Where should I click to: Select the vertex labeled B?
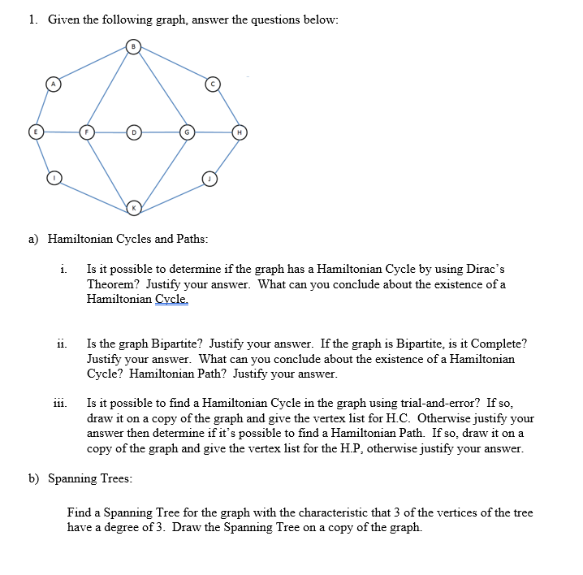click(134, 46)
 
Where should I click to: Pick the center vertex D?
click(134, 131)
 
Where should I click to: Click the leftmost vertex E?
click(34, 131)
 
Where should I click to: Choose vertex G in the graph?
click(188, 131)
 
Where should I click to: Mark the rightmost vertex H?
click(240, 131)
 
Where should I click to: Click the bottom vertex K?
click(134, 209)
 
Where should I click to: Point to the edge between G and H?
click(214, 131)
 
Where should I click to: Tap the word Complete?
click(495, 344)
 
